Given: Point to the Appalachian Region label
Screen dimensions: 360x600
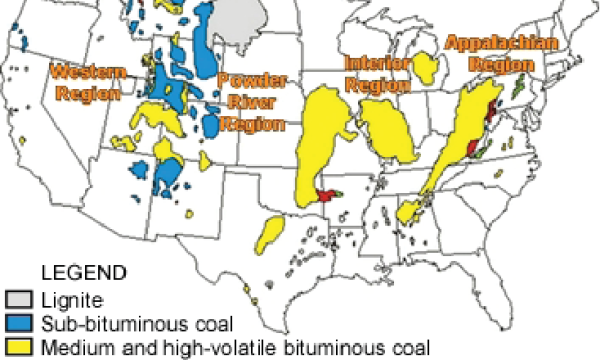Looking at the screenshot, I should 488,52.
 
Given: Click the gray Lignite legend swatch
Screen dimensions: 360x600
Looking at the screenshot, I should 18,299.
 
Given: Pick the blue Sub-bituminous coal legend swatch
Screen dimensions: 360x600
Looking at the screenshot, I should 18,323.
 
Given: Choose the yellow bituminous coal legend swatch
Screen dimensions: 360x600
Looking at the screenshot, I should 18,347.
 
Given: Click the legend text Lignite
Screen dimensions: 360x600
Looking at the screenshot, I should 66,299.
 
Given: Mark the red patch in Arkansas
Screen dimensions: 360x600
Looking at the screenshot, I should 326,194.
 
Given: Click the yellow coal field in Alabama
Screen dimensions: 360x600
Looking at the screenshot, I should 408,211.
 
